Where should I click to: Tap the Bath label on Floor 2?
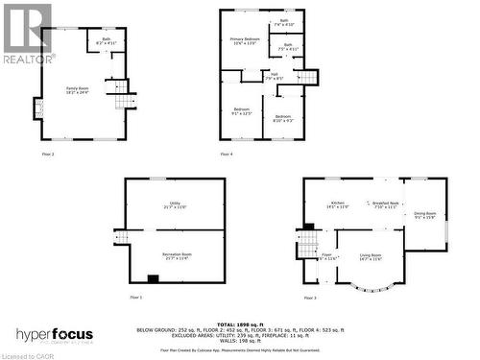106,41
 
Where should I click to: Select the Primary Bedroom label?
245,40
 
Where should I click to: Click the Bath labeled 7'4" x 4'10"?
284,22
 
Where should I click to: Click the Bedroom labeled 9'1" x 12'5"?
241,111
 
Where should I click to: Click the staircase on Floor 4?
306,78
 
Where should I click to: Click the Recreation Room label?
177,255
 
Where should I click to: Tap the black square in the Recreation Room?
152,279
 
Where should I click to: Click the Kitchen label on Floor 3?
338,205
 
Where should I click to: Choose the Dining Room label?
424,215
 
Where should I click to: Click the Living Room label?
370,256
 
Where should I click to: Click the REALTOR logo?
26,34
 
